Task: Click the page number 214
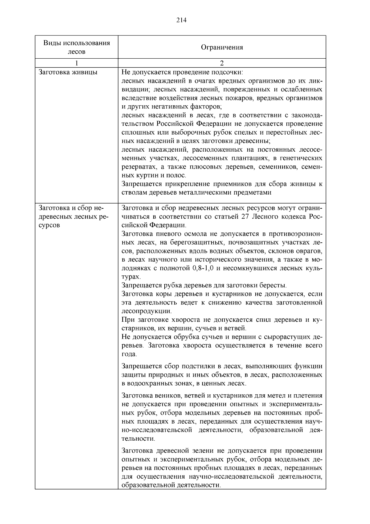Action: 182,20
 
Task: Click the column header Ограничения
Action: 222,47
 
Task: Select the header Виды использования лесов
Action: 76,47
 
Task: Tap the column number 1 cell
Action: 76,63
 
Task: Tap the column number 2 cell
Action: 222,63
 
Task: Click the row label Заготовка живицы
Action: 68,72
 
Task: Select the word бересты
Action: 273,285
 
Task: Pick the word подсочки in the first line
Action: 227,73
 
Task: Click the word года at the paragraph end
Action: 129,354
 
